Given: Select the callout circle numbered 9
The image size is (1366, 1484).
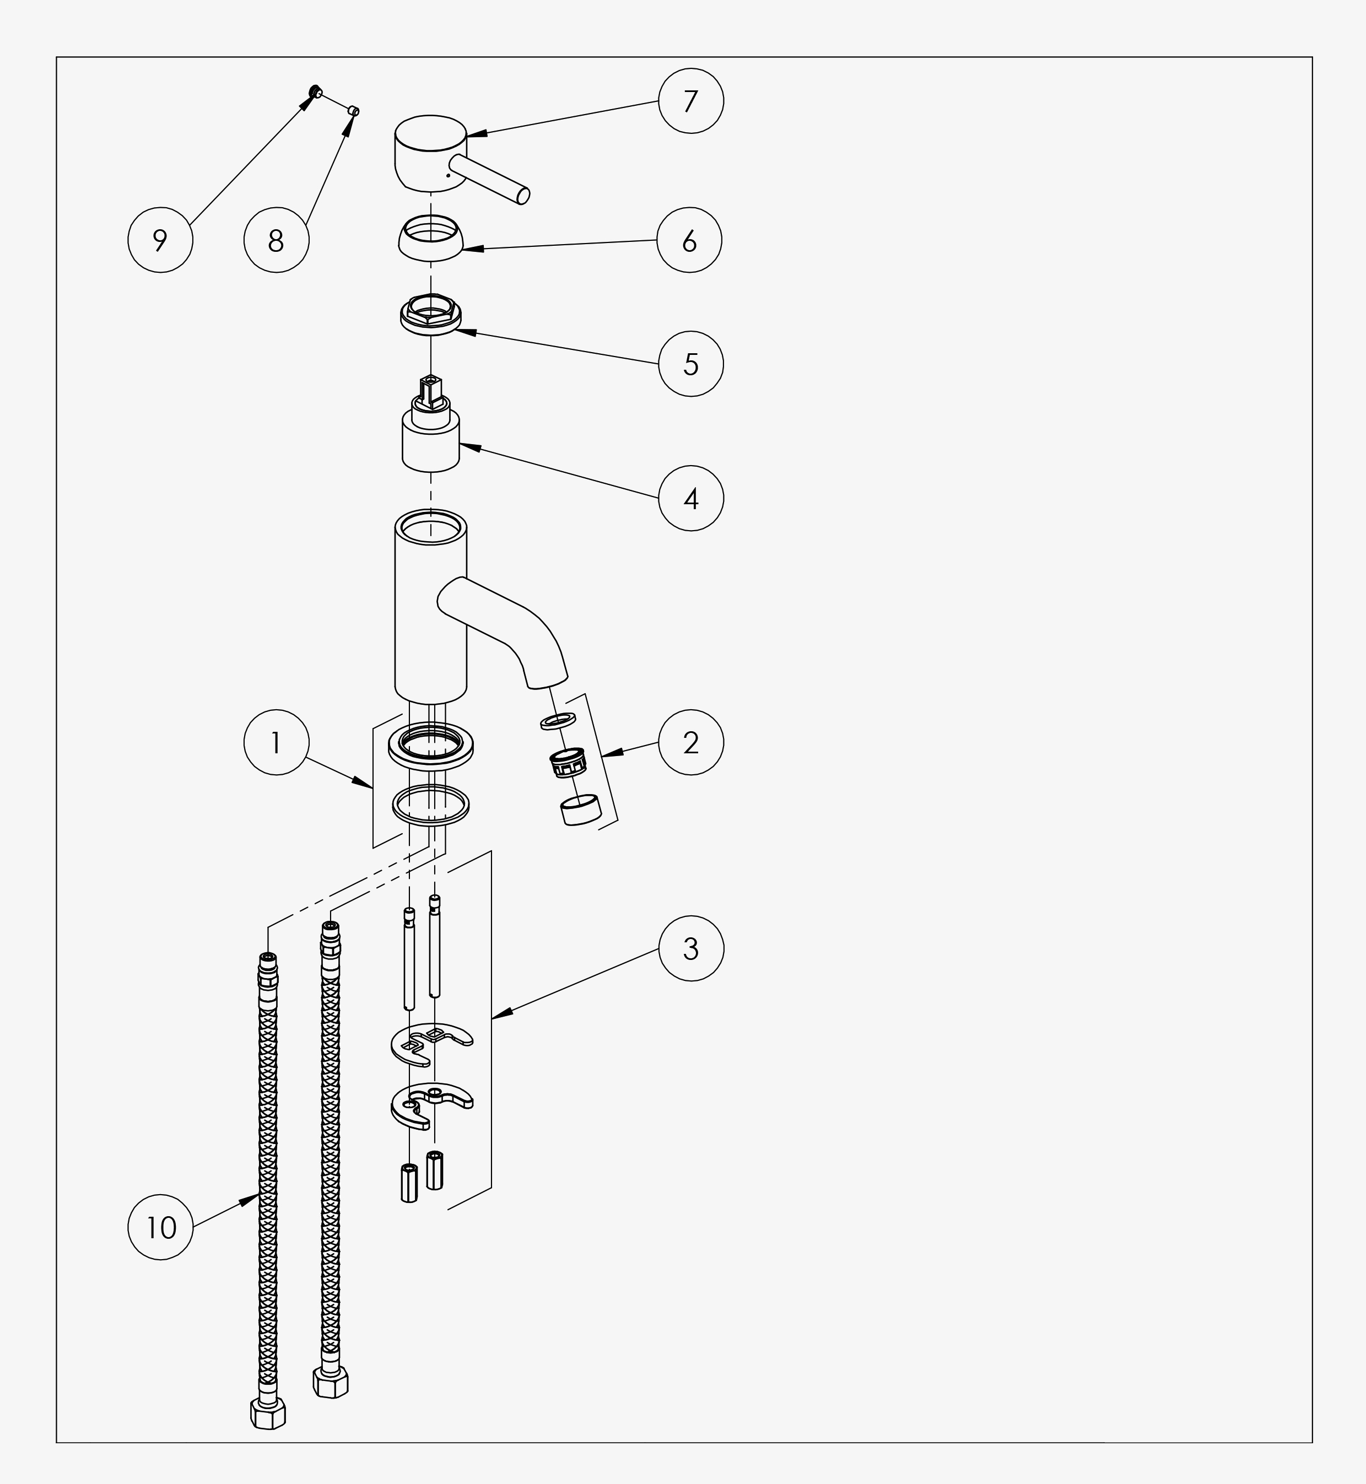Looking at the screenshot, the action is pos(160,240).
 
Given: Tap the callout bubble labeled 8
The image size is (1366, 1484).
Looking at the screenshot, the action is pos(276,240).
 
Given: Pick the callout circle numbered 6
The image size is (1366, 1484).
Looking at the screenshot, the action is pos(689,240).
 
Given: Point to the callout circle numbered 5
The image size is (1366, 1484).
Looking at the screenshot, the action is pos(690,364).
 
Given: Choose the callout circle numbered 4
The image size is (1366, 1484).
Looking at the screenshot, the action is pos(690,498).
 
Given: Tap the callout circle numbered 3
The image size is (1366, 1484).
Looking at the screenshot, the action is pos(690,948).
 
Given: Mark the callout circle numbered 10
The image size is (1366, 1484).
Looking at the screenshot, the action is pos(160,1228).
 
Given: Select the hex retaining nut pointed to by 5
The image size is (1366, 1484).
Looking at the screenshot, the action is pos(431,314).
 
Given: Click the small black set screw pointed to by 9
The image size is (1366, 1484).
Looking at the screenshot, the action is pos(315,91).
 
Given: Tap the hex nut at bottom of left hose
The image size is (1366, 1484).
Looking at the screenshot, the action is pos(268,1413).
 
